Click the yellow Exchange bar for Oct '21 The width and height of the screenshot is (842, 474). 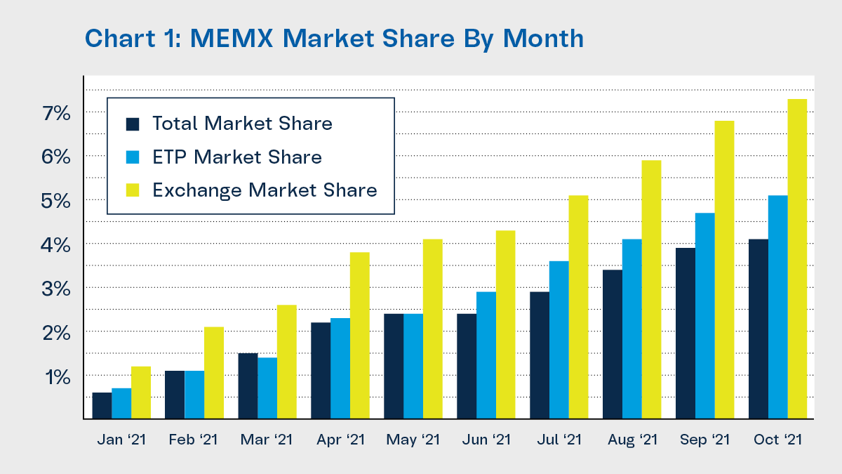point(797,259)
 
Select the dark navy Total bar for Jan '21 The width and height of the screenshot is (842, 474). point(102,406)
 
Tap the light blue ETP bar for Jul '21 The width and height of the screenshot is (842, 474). point(559,340)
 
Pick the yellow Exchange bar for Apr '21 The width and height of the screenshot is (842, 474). point(359,336)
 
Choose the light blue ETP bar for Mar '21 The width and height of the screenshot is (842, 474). point(267,388)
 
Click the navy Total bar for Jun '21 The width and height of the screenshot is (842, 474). point(467,367)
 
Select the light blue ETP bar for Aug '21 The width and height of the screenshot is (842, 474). point(631,329)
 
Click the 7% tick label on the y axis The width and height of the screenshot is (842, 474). point(57,112)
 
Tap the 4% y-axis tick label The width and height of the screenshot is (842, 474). point(57,244)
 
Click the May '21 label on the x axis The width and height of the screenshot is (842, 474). point(413,440)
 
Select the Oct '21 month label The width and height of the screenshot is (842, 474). point(777,440)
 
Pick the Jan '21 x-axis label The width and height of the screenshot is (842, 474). point(121,440)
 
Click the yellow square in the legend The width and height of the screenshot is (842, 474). point(133,190)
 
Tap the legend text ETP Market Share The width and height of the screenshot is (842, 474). point(237,157)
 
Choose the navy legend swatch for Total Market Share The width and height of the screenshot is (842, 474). point(133,124)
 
